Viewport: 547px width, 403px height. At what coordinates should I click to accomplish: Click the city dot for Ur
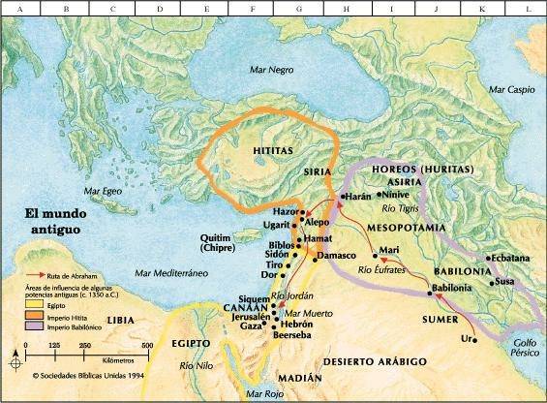pyautogui.click(x=475, y=340)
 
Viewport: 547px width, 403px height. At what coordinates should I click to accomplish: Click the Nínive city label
pyautogui.click(x=396, y=194)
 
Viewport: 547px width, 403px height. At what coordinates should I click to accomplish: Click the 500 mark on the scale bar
pyautogui.click(x=147, y=345)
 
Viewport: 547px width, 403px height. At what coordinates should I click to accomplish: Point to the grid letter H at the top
pyautogui.click(x=345, y=7)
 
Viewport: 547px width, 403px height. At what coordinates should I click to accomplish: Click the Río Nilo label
pyautogui.click(x=198, y=366)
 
